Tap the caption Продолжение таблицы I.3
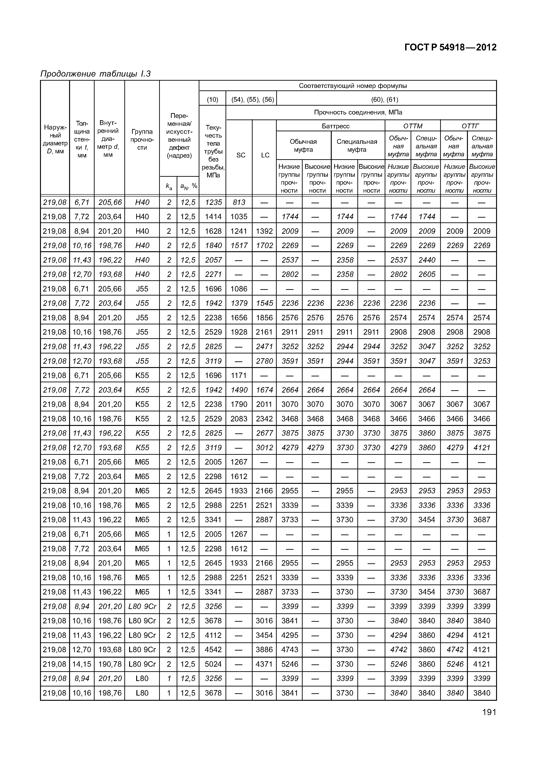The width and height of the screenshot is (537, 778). click(x=95, y=74)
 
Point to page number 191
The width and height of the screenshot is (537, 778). click(x=489, y=712)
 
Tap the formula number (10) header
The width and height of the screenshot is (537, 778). click(x=212, y=99)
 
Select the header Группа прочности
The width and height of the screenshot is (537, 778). click(x=142, y=139)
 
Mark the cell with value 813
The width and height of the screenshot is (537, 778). click(x=239, y=202)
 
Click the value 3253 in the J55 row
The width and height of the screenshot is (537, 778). click(x=482, y=361)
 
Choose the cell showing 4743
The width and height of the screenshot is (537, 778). click(x=290, y=650)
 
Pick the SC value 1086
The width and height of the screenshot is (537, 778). click(x=239, y=289)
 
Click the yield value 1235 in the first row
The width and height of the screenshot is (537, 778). click(x=213, y=202)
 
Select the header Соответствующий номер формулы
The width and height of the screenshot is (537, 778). click(x=353, y=86)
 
